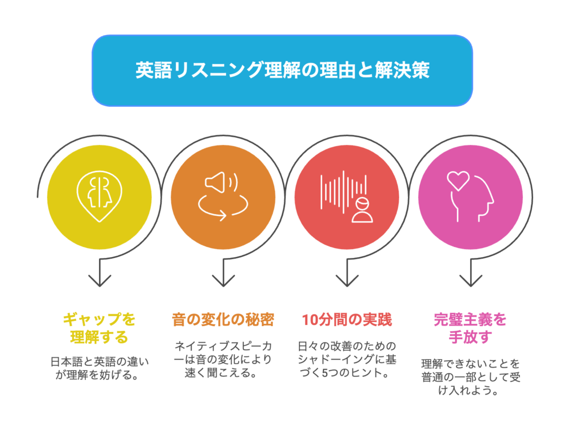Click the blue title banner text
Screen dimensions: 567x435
point(282,70)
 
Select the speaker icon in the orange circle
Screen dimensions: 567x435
point(221,183)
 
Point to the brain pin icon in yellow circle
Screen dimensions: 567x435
point(100,196)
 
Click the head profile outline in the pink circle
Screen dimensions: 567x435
point(472,199)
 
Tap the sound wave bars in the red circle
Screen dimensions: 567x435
point(343,191)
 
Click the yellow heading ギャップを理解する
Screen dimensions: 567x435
point(100,328)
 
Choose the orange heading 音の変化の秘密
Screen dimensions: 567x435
point(223,320)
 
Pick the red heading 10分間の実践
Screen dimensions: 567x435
point(347,320)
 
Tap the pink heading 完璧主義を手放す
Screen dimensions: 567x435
point(470,328)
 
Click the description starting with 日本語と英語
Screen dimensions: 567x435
point(100,368)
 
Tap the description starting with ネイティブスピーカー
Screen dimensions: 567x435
point(223,360)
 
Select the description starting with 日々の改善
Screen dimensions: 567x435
point(347,360)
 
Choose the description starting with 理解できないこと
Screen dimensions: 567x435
point(471,377)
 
